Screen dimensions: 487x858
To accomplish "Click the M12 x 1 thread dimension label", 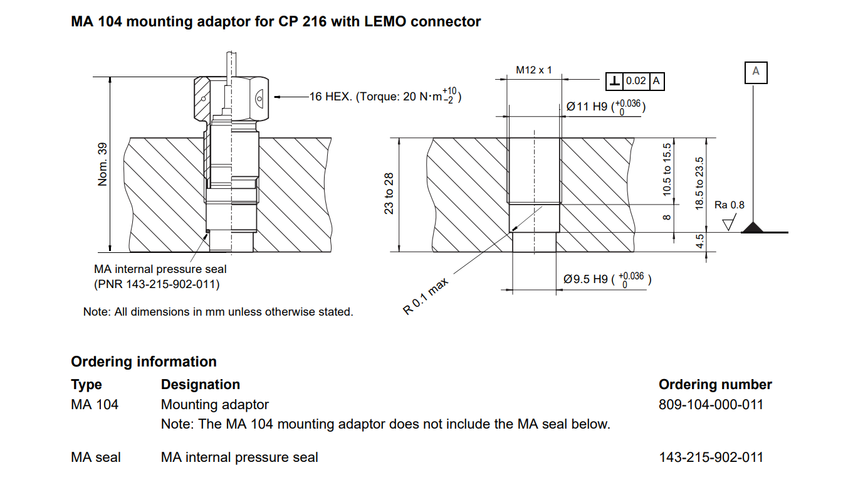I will pos(533,70).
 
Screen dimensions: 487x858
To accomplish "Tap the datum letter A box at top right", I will pos(755,72).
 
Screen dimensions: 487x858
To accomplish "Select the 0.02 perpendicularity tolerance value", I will pos(636,81).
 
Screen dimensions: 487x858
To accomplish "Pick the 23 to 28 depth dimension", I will pos(389,193).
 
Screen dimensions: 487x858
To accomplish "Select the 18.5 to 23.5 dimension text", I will pos(700,183).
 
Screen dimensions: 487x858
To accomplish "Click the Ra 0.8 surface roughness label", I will pos(730,205).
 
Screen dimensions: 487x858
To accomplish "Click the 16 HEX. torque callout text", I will pos(384,97).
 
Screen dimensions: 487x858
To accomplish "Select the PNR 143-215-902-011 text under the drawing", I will pos(157,284).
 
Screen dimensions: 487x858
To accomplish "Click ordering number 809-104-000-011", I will pos(711,404).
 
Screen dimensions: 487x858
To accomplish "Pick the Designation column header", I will pos(201,385).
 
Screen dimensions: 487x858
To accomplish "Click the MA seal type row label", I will pos(96,458).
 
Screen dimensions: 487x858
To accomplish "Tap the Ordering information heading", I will pos(144,361).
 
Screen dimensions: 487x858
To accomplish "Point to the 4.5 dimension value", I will pos(700,242).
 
